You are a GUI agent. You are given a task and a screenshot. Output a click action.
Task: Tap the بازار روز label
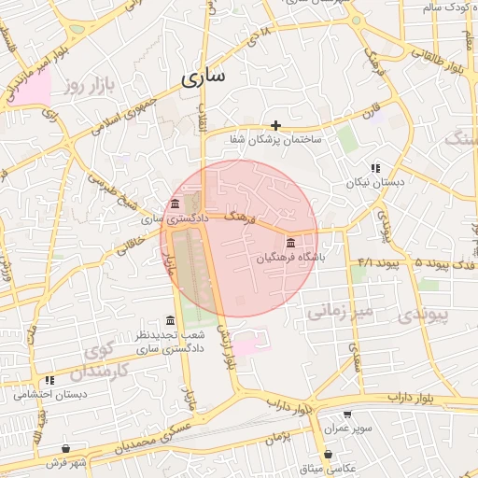coord(88,87)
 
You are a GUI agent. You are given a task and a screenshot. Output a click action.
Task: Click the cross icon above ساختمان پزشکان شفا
coord(275,125)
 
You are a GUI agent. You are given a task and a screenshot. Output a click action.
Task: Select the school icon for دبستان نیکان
coord(375,169)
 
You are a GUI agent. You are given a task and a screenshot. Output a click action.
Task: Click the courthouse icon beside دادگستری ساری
coord(175,205)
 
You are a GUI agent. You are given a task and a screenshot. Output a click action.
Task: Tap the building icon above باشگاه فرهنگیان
coord(290,241)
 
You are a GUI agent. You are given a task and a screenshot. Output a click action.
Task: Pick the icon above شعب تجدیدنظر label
coord(169,320)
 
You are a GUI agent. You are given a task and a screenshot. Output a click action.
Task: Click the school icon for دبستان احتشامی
coord(49,381)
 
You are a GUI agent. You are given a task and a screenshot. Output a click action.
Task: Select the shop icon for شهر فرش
coord(65,449)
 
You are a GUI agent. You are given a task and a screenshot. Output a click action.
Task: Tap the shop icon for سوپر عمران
coord(347,415)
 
